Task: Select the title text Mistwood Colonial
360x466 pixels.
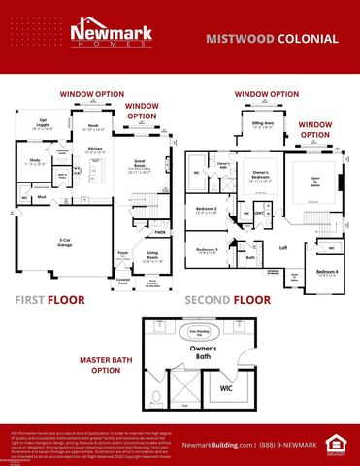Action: click(272, 39)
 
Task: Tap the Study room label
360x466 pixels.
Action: click(34, 161)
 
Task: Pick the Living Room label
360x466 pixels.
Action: click(151, 258)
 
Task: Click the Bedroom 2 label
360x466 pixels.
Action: click(205, 210)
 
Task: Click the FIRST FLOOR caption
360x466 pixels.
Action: click(50, 301)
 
